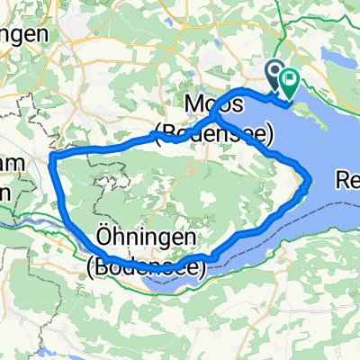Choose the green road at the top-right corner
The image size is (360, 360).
(x=346, y=13)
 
